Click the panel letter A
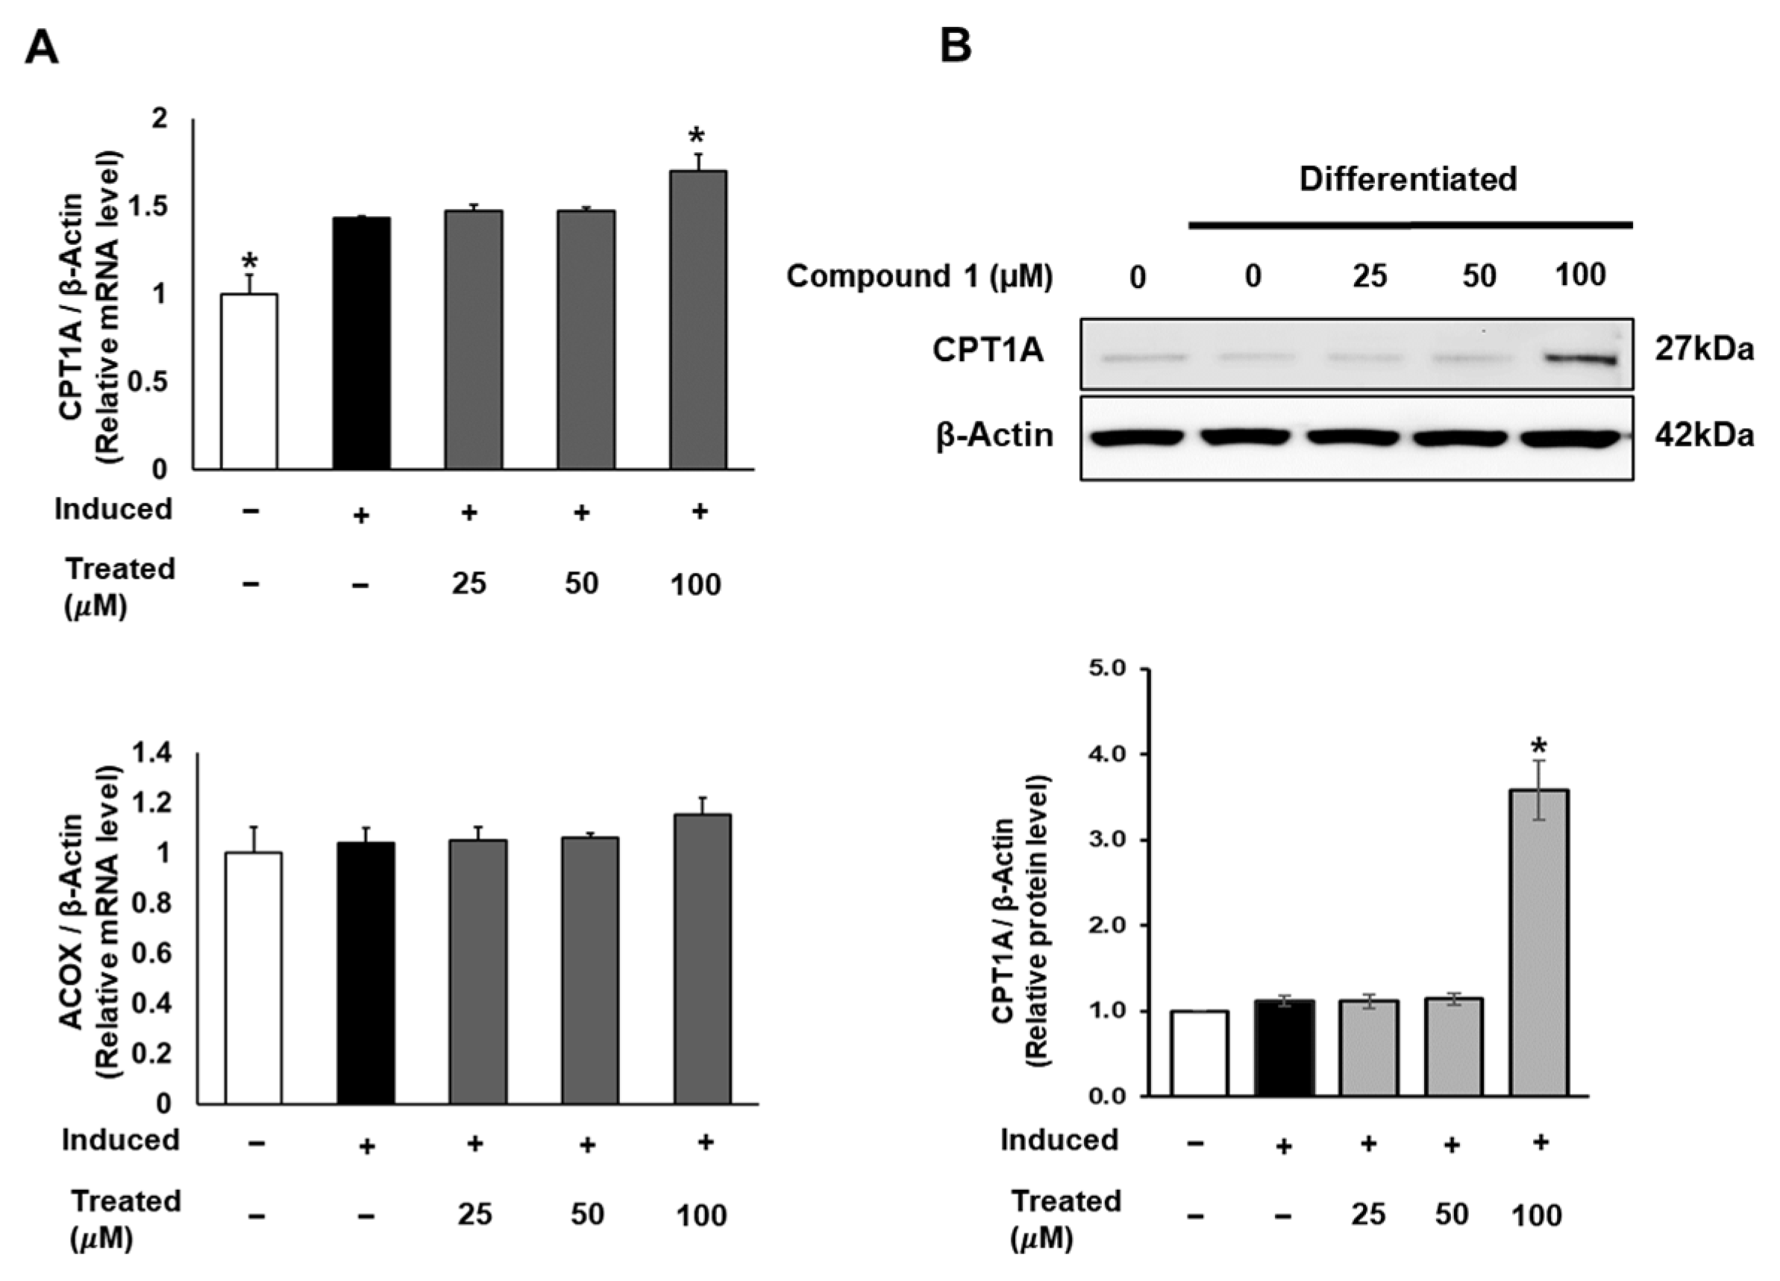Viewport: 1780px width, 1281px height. point(42,48)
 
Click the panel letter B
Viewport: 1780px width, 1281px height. point(955,47)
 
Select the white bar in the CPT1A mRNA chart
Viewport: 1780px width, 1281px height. point(248,382)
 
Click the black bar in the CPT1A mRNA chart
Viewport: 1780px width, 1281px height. point(361,344)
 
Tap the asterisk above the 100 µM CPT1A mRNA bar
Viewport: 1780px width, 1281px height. point(696,136)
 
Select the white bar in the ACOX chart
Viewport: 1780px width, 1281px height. point(254,978)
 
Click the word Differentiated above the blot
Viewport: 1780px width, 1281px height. point(1408,179)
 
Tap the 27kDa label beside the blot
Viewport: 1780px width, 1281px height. point(1704,349)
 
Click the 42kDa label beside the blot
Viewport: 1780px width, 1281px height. point(1704,436)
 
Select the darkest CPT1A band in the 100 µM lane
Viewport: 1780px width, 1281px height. point(1580,360)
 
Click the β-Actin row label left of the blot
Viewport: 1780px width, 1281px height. point(994,436)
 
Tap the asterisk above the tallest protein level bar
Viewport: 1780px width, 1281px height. point(1539,745)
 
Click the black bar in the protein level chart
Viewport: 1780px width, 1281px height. point(1285,1048)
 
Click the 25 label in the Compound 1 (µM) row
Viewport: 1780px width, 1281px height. point(1370,276)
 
